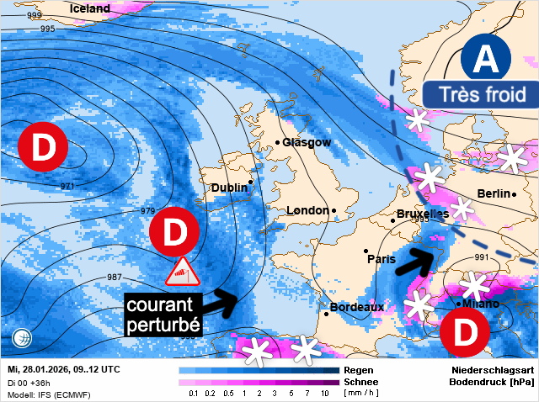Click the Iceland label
[90, 8]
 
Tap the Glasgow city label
[307, 142]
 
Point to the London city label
[307, 210]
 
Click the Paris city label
[382, 259]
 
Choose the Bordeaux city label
[356, 308]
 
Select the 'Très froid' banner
[476, 94]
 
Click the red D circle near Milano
[464, 333]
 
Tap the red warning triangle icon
[182, 272]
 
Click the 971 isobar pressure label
[67, 186]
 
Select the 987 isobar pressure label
[114, 278]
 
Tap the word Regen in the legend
[360, 370]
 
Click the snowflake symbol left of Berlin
[461, 208]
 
